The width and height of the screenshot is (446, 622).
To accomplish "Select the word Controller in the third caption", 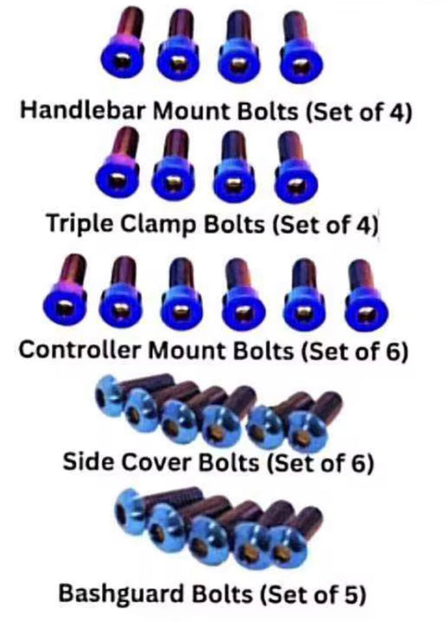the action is point(80,350).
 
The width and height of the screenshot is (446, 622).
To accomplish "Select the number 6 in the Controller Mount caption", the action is point(391,351).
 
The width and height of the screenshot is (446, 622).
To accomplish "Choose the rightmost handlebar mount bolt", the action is point(300,49).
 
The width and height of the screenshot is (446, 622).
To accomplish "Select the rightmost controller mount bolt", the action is point(365,296).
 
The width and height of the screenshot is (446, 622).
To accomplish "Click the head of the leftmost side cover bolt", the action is point(107,392).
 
